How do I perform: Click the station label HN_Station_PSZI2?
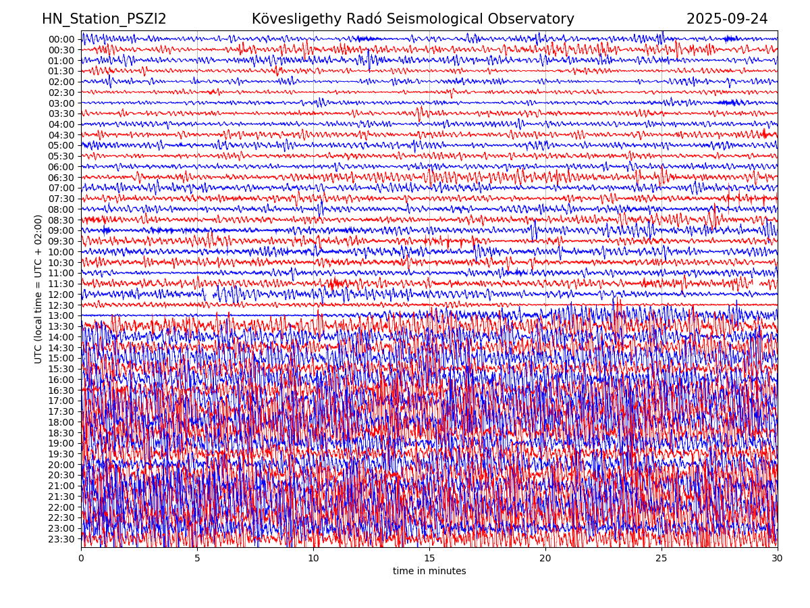coord(104,19)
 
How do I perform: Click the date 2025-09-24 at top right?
coord(727,19)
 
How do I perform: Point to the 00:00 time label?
coord(61,39)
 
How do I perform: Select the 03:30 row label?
coord(61,113)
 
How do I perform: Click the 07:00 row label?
coord(61,188)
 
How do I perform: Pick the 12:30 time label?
coord(61,305)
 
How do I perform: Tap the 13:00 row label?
coord(61,315)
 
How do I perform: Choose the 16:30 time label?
coord(61,390)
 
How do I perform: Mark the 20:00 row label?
coord(61,465)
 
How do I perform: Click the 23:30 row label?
coord(61,539)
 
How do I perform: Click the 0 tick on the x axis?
coord(81,559)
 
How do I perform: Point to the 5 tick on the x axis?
coord(197,559)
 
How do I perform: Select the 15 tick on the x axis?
coord(429,559)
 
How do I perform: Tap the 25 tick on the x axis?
coord(661,559)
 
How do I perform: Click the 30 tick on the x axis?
coord(778,559)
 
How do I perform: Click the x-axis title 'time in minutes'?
coord(429,572)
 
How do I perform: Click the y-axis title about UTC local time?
coord(38,289)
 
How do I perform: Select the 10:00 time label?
coord(61,252)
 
